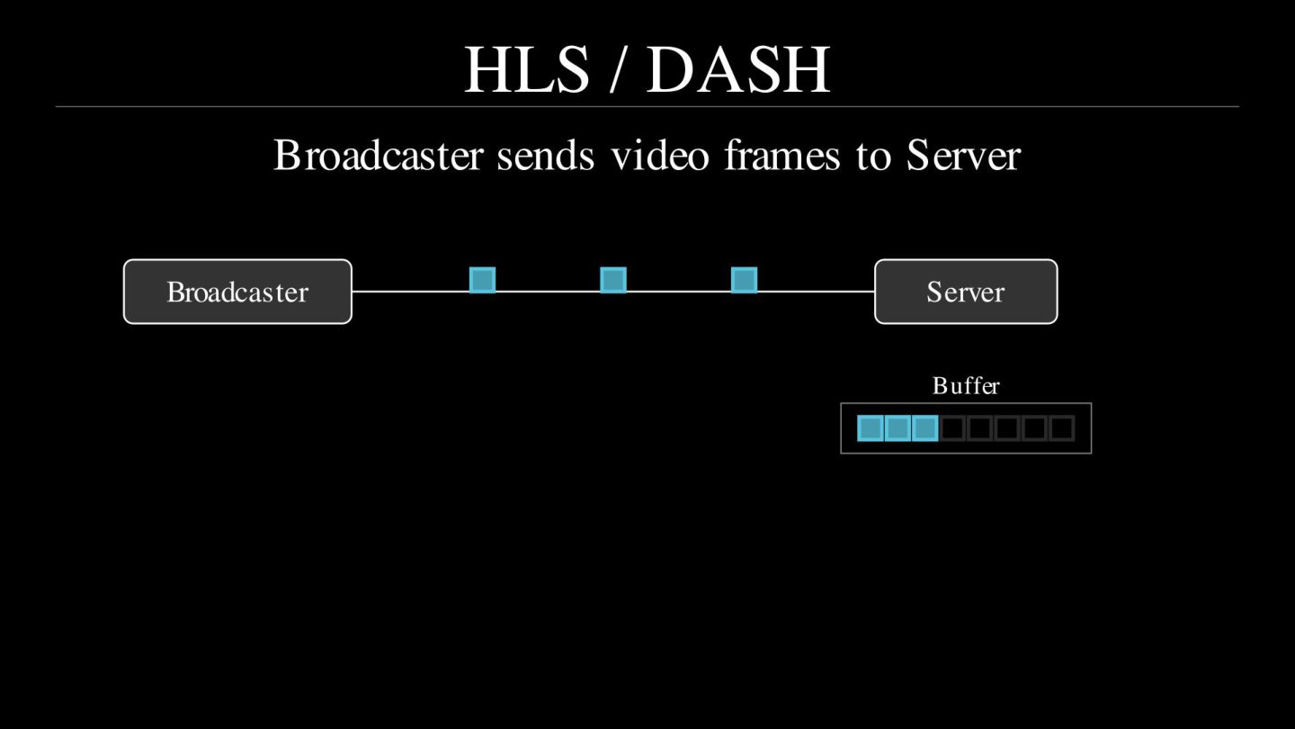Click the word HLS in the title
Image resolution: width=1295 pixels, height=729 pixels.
pyautogui.click(x=526, y=70)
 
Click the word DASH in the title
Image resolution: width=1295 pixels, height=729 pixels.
pyautogui.click(x=737, y=70)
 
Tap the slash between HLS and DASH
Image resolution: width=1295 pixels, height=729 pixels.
pyautogui.click(x=617, y=70)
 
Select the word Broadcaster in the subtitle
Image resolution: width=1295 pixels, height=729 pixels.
pyautogui.click(x=378, y=155)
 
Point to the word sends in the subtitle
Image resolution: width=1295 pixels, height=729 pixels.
pyautogui.click(x=546, y=155)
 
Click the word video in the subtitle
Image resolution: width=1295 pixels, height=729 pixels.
pyautogui.click(x=660, y=155)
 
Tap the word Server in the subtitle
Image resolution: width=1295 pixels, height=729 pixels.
pyautogui.click(x=963, y=155)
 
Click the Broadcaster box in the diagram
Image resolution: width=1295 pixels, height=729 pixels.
pyautogui.click(x=237, y=292)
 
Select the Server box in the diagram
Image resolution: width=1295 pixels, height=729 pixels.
pyautogui.click(x=966, y=292)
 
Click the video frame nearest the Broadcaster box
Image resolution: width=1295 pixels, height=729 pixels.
pyautogui.click(x=483, y=280)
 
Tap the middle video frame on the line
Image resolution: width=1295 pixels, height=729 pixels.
pyautogui.click(x=613, y=280)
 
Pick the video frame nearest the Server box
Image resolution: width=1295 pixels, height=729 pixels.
pyautogui.click(x=744, y=280)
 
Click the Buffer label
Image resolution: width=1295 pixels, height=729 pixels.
pyautogui.click(x=966, y=386)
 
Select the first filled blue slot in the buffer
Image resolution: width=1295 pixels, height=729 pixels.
pyautogui.click(x=870, y=428)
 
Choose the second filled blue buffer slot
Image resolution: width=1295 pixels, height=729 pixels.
pyautogui.click(x=898, y=428)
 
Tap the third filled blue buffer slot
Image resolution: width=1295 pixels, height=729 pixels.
pyautogui.click(x=924, y=428)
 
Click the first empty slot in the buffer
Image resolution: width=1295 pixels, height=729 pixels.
pyautogui.click(x=952, y=428)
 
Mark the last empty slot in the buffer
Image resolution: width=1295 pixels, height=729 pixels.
pyautogui.click(x=1062, y=428)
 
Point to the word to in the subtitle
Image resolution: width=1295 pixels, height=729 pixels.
pyautogui.click(x=872, y=155)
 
